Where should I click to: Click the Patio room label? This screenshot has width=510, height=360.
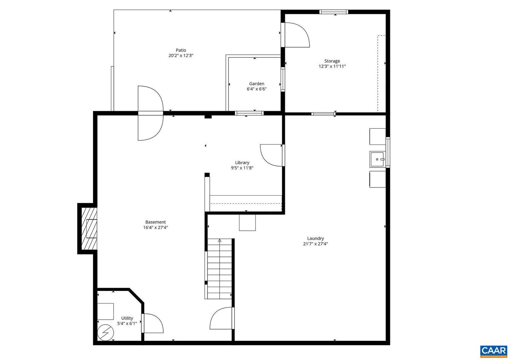181,50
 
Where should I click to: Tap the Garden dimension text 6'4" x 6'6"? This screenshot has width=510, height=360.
256,89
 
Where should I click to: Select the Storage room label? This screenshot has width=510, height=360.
332,61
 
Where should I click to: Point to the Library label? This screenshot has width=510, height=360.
242,163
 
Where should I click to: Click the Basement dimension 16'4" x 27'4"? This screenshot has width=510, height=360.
155,228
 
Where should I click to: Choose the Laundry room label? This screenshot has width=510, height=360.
315,238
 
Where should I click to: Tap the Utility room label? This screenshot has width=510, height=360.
127,318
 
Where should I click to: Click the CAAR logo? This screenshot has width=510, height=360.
494,351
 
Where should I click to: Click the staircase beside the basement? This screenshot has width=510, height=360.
220,269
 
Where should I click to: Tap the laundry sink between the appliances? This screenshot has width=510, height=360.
378,159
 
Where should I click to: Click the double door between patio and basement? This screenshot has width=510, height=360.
151,113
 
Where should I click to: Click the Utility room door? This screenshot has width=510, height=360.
152,323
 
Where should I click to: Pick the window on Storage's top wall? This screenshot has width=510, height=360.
334,12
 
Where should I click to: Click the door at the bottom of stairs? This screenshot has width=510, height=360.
222,318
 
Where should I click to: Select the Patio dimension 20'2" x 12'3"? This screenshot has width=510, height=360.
181,56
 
